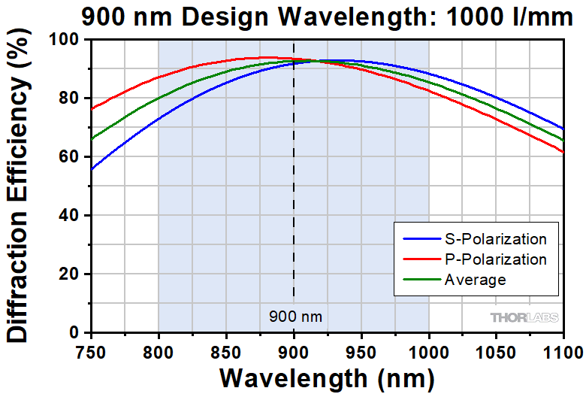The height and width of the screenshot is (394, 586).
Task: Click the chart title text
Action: coord(327,17)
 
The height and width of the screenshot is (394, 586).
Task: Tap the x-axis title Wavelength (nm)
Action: coord(327,375)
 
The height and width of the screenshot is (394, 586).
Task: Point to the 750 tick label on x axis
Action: coord(90,350)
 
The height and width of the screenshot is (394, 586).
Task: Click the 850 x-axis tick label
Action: coord(225,350)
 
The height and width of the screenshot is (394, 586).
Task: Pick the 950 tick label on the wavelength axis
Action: coord(361,350)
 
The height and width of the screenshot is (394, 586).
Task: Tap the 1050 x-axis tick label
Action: coord(497,350)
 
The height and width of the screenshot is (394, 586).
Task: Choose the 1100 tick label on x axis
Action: coord(560,350)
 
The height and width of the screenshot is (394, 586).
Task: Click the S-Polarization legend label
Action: coord(497,240)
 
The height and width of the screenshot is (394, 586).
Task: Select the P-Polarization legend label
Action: coord(497,260)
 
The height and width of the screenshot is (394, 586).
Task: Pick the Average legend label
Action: coord(476,280)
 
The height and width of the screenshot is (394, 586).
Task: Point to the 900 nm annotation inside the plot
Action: coord(295,317)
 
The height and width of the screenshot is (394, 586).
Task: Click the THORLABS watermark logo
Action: coord(525,317)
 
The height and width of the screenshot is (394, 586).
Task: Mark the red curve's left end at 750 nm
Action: coord(91,109)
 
